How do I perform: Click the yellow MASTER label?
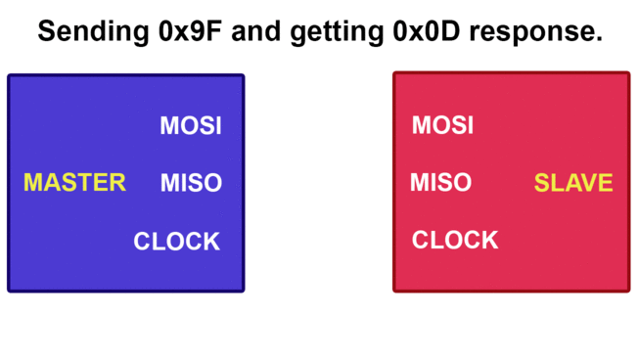coord(74,183)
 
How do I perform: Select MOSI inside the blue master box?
coord(191,126)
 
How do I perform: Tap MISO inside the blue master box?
coord(191,183)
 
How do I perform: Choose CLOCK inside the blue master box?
coord(177,241)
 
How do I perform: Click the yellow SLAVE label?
coord(573,183)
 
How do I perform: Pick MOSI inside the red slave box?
coord(442,126)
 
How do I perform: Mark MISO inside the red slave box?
coord(440,183)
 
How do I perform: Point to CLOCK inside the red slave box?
coord(455,241)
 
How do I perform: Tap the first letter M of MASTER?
coord(32,183)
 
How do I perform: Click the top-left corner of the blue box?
coord(10,76)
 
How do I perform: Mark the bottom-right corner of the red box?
coord(627,290)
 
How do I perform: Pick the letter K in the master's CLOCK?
coord(211,241)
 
